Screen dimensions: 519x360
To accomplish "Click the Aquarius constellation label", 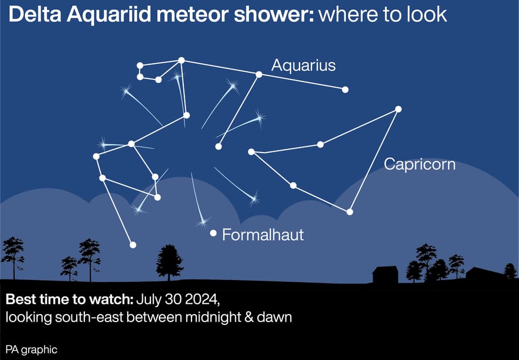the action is [303, 65].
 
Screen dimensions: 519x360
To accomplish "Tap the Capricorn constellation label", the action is [420, 164].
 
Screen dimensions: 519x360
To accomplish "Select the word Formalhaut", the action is [263, 235].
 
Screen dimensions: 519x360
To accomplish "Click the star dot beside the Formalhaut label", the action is [213, 234].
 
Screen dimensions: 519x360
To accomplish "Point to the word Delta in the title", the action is [35, 15].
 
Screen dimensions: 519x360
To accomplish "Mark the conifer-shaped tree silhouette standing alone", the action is [169, 263].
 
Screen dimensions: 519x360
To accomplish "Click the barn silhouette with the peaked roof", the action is [385, 275].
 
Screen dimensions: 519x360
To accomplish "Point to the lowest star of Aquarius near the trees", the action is [133, 245].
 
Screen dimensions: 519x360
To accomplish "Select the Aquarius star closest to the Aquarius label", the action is [259, 75].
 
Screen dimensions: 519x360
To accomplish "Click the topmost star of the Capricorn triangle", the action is [398, 109].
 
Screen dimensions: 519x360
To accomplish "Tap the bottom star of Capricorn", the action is [350, 212].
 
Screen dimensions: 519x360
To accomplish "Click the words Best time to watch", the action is [69, 300].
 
